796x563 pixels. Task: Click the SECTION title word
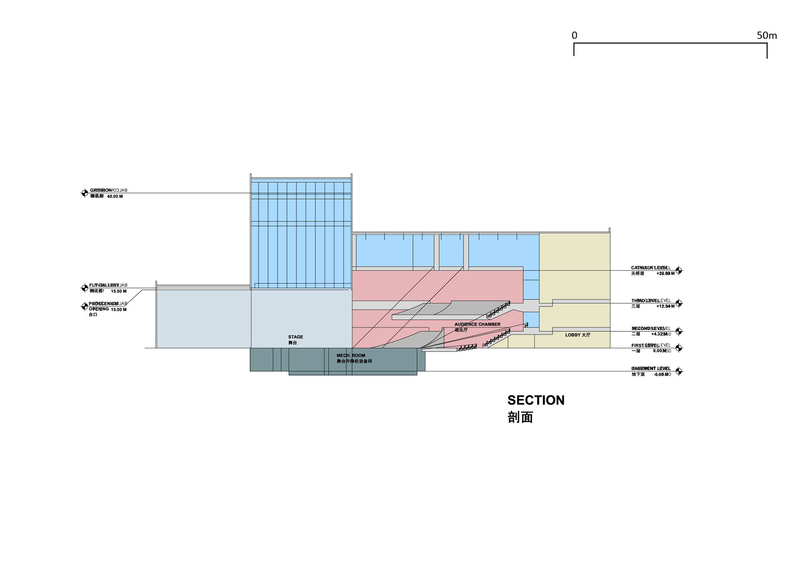click(536, 400)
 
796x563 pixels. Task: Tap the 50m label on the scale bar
click(767, 36)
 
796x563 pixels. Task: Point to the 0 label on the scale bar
click(574, 36)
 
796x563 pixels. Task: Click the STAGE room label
click(296, 337)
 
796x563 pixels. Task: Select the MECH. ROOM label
click(351, 355)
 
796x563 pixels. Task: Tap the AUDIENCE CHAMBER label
click(477, 324)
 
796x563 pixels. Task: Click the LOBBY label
click(578, 335)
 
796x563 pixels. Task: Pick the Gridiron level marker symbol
click(84, 193)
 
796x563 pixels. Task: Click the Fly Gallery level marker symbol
click(84, 288)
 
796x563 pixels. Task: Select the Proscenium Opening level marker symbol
click(84, 306)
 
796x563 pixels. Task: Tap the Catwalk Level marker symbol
click(679, 271)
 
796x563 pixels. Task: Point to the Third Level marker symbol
click(679, 303)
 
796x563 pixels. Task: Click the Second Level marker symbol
click(679, 331)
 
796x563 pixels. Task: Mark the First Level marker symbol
click(679, 348)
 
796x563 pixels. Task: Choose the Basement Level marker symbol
click(679, 371)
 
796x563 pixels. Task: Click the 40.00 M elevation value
click(115, 197)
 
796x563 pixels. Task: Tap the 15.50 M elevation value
click(119, 291)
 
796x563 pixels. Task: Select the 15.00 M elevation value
click(119, 310)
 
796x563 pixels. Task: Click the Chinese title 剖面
click(520, 417)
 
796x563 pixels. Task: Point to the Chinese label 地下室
click(638, 374)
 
